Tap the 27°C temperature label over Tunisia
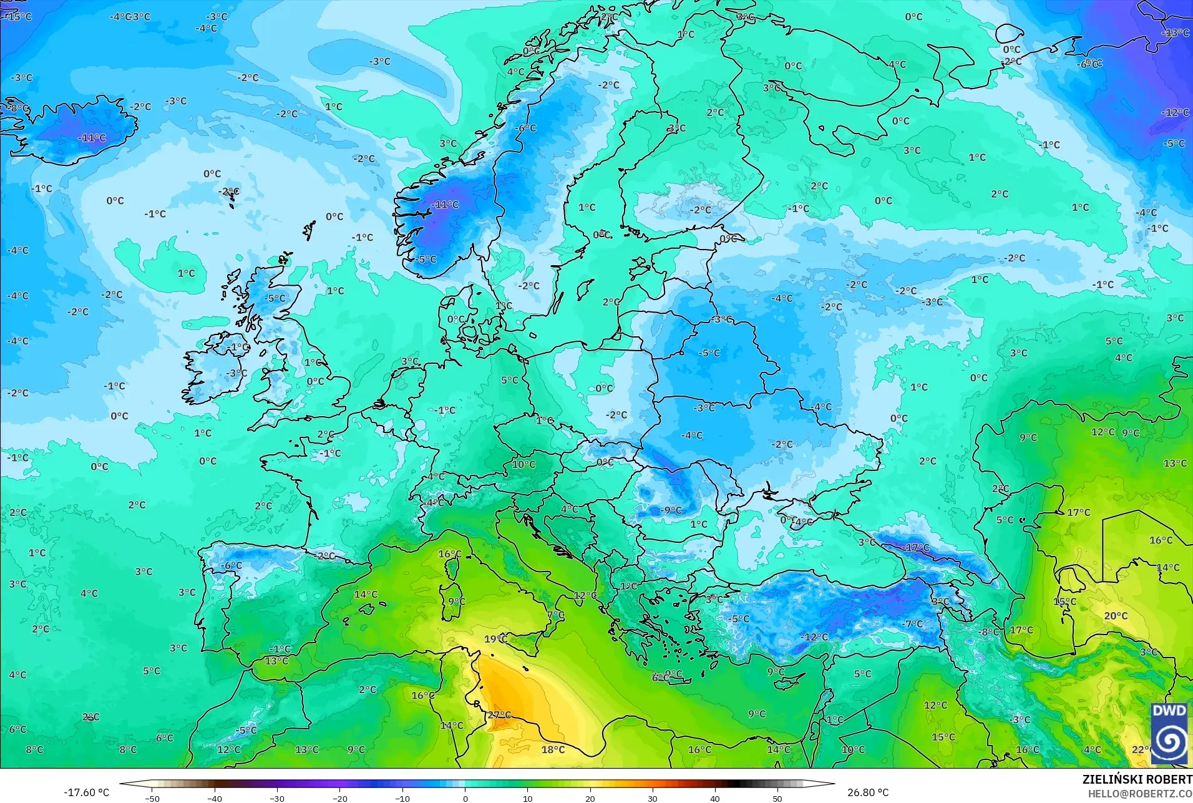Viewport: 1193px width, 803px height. [499, 715]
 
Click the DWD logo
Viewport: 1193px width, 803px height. [1169, 733]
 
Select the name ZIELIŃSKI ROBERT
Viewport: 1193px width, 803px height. [1137, 780]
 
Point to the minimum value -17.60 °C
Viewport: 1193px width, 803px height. [86, 792]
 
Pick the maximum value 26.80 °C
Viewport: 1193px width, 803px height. [868, 792]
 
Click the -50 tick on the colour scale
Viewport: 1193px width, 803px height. [152, 798]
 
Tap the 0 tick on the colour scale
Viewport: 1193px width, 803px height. [465, 798]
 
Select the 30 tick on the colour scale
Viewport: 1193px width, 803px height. [653, 798]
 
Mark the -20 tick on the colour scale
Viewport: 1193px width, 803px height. [339, 798]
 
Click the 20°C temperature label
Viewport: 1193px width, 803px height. [1116, 616]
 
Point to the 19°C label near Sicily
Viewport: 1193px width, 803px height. [495, 639]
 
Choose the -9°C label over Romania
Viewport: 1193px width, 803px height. [671, 510]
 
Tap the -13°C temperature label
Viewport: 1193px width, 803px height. [1176, 32]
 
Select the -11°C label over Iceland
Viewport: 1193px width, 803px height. [92, 138]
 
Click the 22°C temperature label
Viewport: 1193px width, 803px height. [1141, 749]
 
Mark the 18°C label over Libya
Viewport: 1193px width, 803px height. [553, 749]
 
